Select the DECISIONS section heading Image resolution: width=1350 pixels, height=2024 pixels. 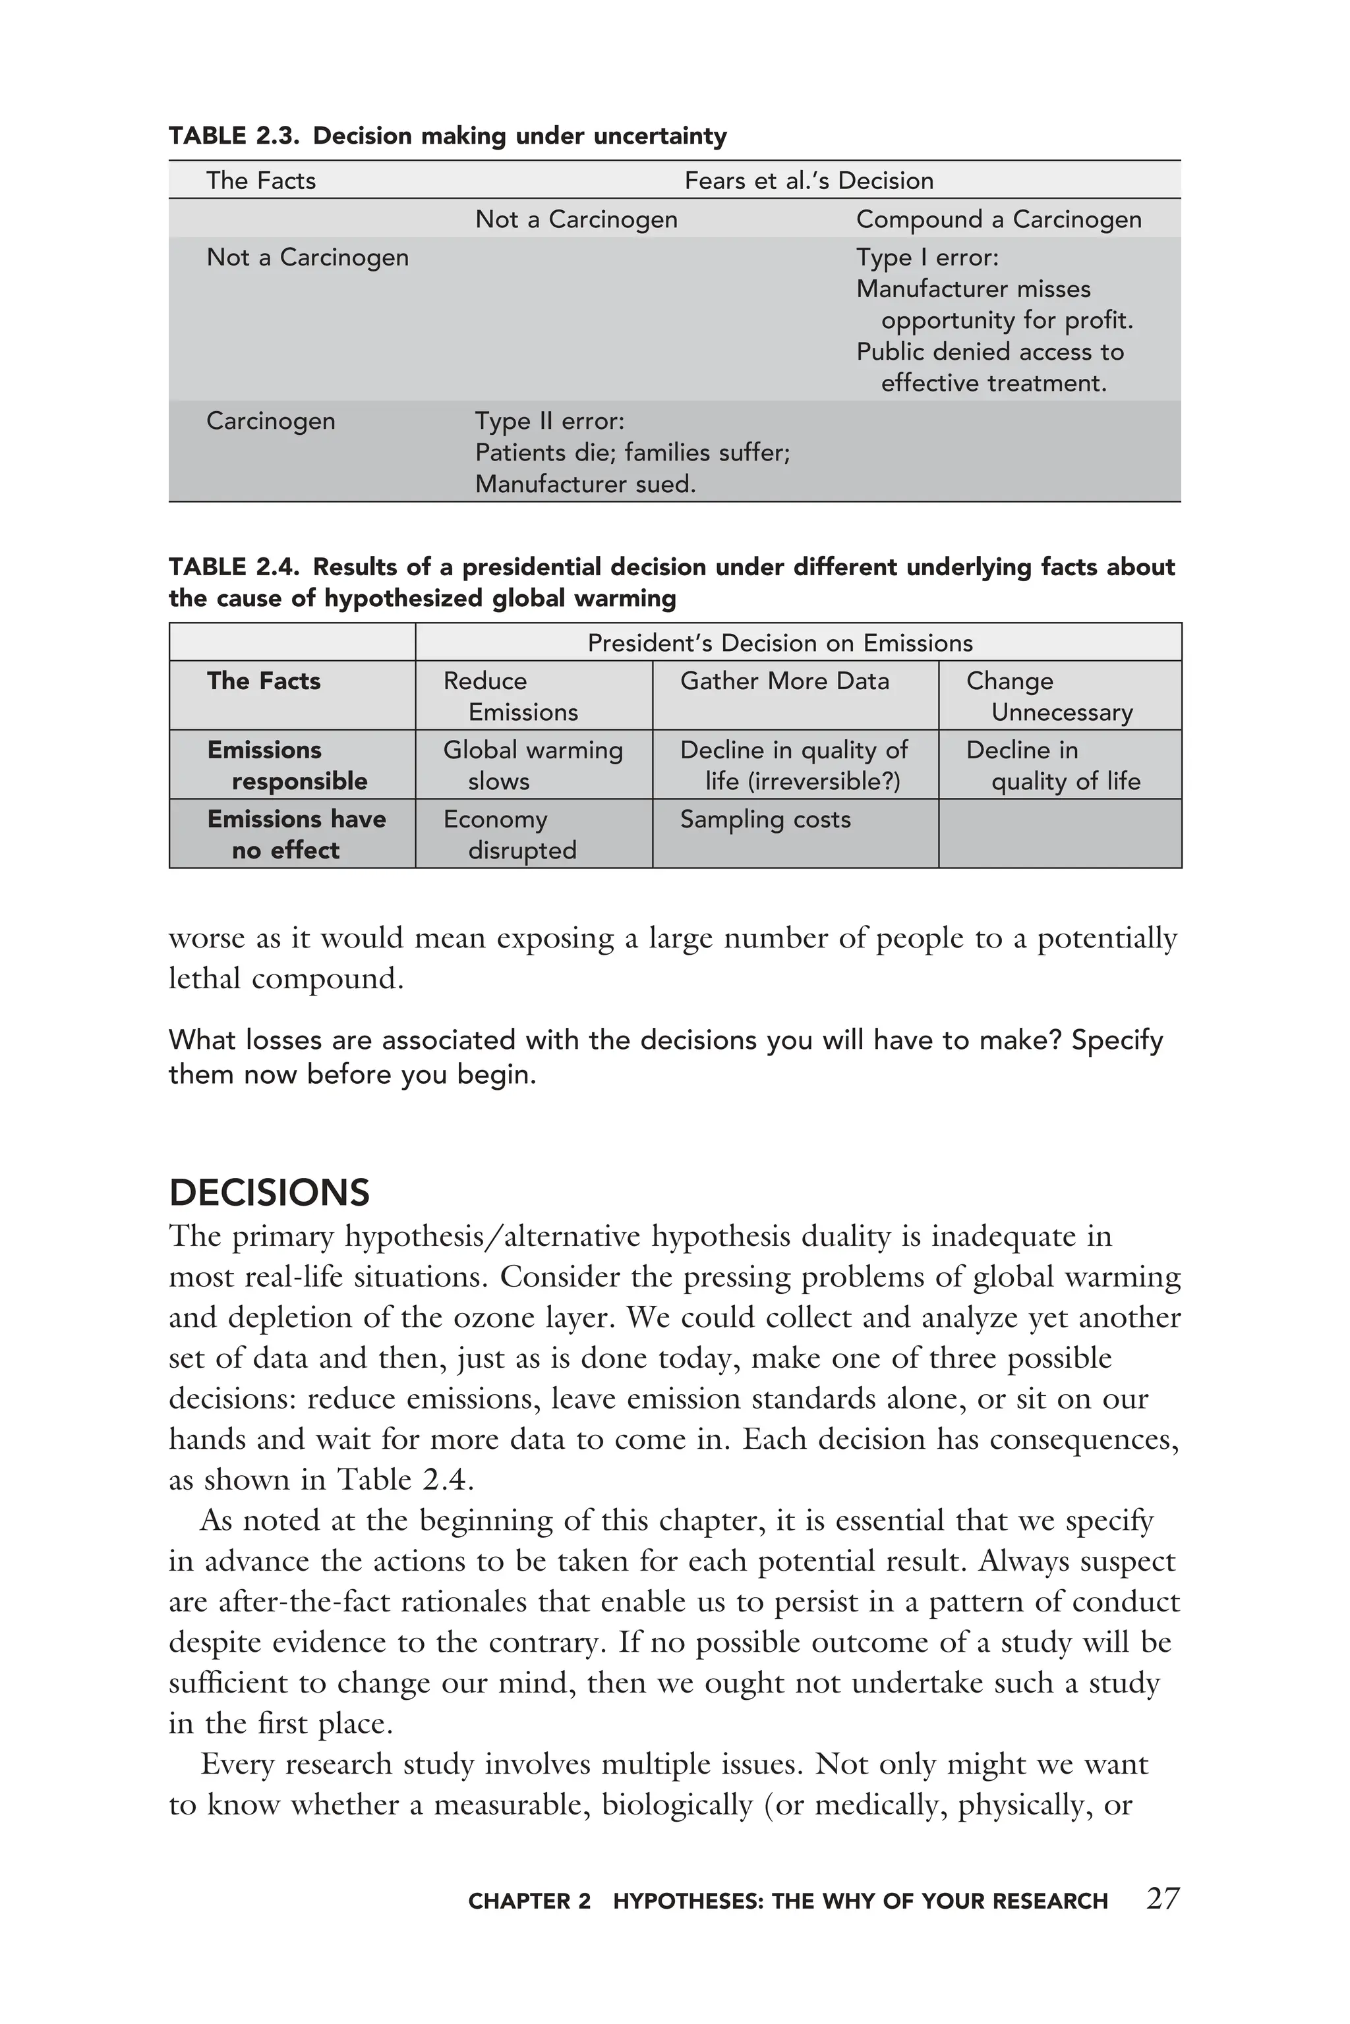[269, 1193]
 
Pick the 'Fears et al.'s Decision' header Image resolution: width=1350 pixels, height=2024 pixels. [808, 181]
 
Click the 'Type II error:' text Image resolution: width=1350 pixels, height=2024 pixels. [549, 421]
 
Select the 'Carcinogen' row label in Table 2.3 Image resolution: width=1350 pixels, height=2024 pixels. [270, 421]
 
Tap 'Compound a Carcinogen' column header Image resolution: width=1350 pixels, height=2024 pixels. [998, 219]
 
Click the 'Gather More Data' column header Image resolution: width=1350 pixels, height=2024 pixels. [784, 681]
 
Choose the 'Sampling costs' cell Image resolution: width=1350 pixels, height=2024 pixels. [765, 819]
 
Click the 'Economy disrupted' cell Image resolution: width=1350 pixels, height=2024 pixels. [510, 835]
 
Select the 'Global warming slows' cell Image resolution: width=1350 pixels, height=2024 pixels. [532, 765]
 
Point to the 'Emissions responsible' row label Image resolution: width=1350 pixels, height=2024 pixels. [286, 765]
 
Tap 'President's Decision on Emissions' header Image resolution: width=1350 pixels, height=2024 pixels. [779, 643]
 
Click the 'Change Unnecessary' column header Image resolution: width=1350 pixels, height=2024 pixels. [1049, 696]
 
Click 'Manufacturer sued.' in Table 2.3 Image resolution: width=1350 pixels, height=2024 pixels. [585, 484]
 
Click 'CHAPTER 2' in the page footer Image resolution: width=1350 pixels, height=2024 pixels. [529, 1901]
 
